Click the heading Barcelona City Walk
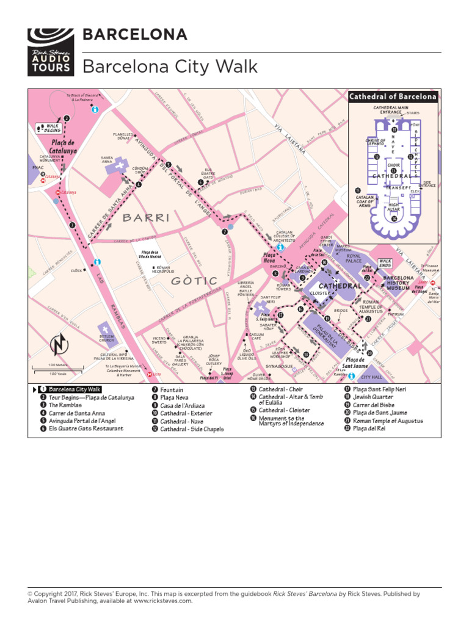170,67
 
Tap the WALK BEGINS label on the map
52,129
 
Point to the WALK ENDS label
385,263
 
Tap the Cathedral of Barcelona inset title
393,96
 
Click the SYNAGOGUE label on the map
279,366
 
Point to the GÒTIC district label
194,281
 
